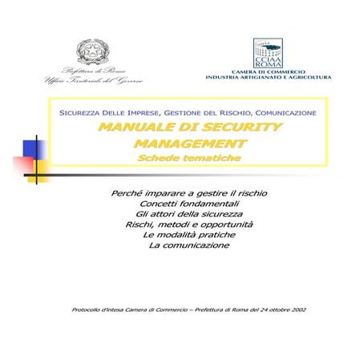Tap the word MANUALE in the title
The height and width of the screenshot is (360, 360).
click(x=132, y=127)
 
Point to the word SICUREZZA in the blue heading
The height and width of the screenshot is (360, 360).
click(x=80, y=112)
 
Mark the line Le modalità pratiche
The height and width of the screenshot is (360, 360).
click(x=189, y=235)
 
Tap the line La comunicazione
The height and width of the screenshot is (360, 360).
click(x=189, y=245)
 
